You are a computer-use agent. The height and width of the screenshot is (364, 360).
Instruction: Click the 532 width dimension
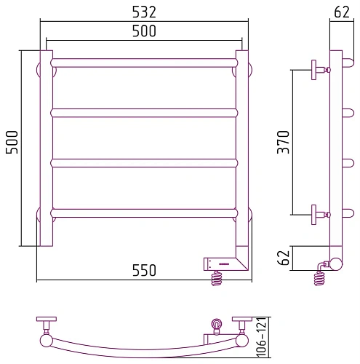[x=144, y=12]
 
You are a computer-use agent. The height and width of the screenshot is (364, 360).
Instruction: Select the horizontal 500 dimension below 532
[x=144, y=31]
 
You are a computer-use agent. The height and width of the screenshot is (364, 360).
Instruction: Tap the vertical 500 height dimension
[x=12, y=142]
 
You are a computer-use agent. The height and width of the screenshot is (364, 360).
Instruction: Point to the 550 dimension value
[x=144, y=270]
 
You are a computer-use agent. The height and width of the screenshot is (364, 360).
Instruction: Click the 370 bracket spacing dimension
[x=283, y=142]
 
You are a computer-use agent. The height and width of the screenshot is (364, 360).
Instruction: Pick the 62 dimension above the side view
[x=342, y=12]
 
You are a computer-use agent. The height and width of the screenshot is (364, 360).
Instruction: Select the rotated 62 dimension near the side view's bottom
[x=283, y=258]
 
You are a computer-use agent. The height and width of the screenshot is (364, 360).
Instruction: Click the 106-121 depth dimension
[x=261, y=337]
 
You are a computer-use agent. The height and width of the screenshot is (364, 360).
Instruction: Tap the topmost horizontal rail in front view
[x=144, y=63]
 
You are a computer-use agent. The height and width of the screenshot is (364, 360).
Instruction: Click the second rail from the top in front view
[x=144, y=113]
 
